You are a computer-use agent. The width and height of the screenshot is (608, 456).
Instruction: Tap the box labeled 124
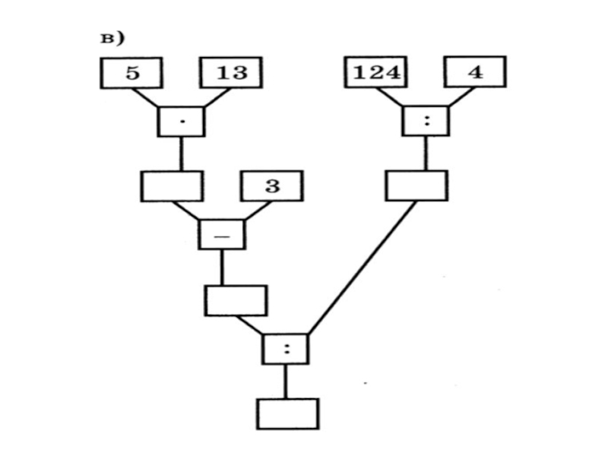[377, 73]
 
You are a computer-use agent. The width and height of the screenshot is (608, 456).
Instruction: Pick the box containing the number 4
[476, 73]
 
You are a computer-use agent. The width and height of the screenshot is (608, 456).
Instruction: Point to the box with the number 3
[272, 186]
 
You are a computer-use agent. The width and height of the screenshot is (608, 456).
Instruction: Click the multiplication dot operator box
[181, 121]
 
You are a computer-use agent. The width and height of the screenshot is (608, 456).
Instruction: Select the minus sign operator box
[222, 234]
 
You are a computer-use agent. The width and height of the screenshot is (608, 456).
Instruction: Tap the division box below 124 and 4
[425, 121]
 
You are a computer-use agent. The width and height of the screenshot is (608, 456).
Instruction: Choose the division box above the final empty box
[286, 349]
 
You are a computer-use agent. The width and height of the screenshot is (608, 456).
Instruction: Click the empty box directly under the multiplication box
[172, 186]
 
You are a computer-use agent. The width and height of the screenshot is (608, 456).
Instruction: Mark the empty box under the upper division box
[416, 186]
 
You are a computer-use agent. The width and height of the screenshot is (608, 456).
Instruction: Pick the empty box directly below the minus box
[236, 300]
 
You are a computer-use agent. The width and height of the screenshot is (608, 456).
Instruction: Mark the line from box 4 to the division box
[461, 97]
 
